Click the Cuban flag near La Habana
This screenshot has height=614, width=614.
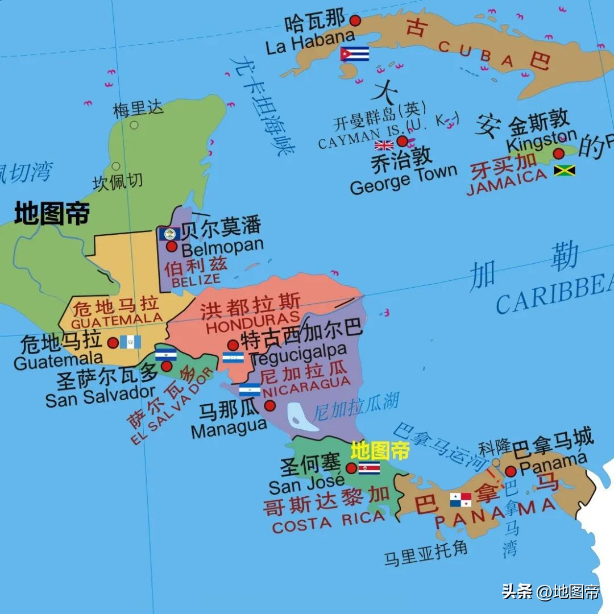(x=355, y=54)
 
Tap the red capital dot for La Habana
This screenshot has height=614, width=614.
(x=355, y=20)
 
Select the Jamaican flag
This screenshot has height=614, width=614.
(x=565, y=170)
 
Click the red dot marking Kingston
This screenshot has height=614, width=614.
(x=559, y=153)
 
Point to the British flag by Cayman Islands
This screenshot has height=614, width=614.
(x=384, y=144)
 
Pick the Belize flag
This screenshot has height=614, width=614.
(x=169, y=234)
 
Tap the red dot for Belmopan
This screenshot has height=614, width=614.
(x=172, y=246)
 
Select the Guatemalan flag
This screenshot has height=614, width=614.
(x=130, y=342)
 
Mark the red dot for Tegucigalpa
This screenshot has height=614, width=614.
(x=233, y=345)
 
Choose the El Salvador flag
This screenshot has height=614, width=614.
(x=166, y=355)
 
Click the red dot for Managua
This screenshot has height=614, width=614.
(x=269, y=405)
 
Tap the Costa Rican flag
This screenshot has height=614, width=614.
(x=369, y=468)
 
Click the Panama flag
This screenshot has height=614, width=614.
(x=460, y=500)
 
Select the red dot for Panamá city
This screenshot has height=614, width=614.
(x=511, y=471)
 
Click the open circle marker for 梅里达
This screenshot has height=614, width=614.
(x=134, y=125)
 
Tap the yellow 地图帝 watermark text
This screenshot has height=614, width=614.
(x=380, y=451)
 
